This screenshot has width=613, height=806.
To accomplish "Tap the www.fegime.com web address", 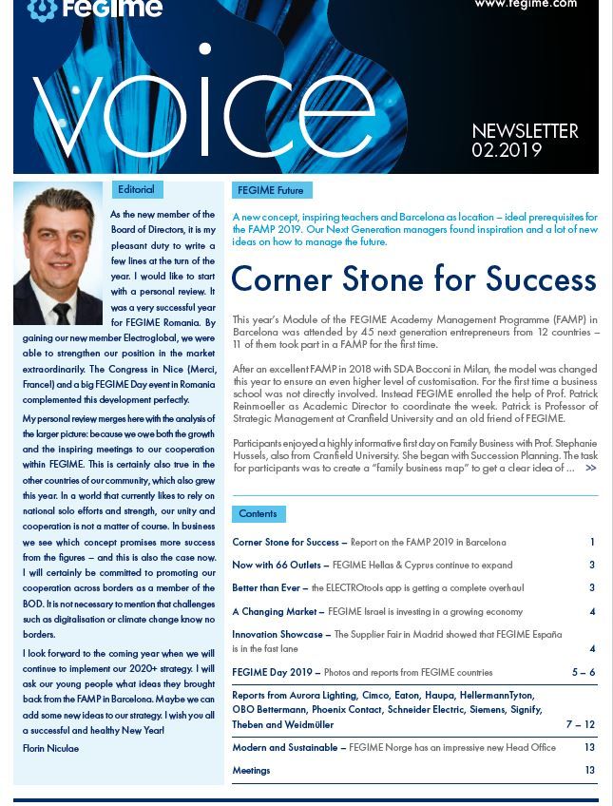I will [525, 5].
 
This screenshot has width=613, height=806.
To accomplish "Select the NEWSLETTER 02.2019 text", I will [525, 141].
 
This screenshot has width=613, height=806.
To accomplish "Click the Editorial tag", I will [135, 189].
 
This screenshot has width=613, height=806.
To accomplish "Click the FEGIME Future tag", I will [271, 190].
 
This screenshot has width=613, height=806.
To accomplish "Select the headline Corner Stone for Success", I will [413, 279].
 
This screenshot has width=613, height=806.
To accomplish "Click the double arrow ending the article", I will [591, 468].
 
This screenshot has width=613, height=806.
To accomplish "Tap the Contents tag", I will [258, 513].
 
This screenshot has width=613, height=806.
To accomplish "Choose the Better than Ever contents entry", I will [270, 588].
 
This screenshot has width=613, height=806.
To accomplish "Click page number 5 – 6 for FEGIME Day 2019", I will [583, 672].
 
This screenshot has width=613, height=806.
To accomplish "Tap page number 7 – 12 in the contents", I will [580, 724].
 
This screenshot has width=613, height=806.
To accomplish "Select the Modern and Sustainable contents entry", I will [289, 748].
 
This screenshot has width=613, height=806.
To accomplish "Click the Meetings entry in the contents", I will [251, 771].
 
